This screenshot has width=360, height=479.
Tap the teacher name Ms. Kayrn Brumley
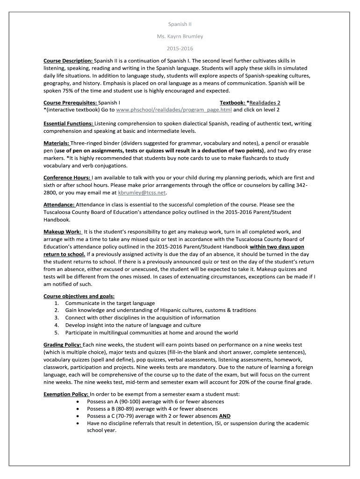180,36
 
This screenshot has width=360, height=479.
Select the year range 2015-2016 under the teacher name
180,49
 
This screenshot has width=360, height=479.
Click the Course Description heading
68,61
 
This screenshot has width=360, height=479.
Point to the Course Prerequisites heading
70,102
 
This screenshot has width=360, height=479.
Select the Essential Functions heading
68,123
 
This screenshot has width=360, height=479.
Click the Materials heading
57,143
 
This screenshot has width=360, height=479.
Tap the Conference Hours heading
67,178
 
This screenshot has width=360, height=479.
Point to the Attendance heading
59,204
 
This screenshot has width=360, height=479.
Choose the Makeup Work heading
62,232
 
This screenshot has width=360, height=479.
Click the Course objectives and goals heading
79,296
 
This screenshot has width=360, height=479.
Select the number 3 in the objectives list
56,318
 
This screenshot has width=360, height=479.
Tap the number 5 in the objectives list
56,333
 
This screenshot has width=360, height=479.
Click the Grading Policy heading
63,345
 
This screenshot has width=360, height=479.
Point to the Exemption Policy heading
66,394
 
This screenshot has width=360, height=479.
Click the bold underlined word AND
225,416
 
